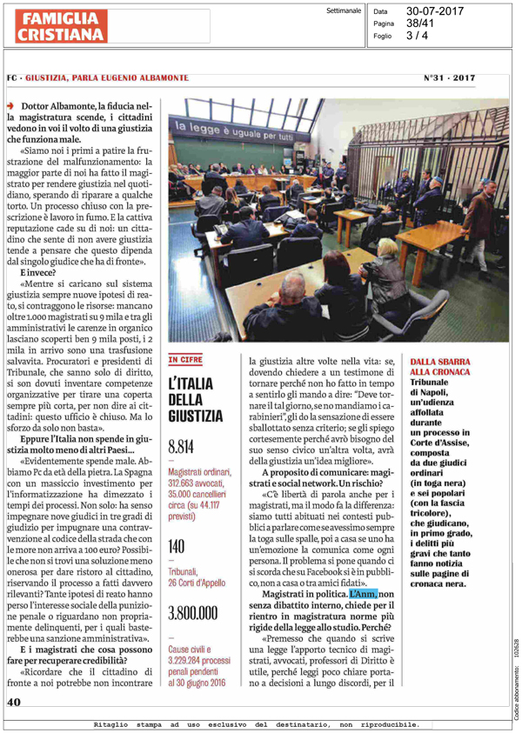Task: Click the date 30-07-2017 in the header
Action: pos(435,11)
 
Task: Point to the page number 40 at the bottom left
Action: pos(15,702)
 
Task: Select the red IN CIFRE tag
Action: pos(185,358)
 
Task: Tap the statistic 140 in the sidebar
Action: pos(177,523)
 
